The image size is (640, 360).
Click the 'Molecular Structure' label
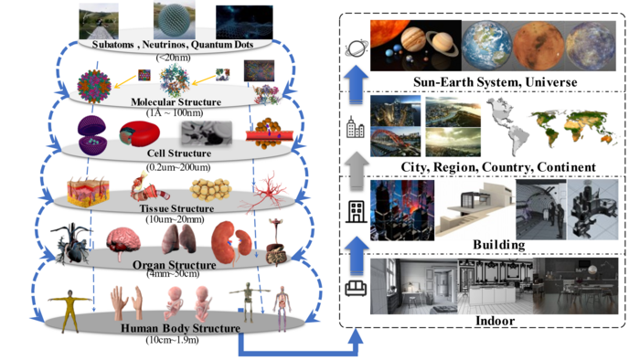(x=176, y=102)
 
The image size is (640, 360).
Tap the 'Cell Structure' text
(x=179, y=154)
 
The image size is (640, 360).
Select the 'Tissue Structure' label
(x=176, y=208)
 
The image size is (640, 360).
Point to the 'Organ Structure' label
(x=175, y=265)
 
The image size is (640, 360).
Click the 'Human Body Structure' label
(x=180, y=328)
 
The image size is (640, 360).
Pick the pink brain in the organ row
(x=123, y=243)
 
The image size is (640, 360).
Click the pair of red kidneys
(x=231, y=243)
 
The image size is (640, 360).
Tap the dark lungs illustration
(x=179, y=238)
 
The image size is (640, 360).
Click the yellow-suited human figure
(x=70, y=309)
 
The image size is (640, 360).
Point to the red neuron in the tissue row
(x=266, y=193)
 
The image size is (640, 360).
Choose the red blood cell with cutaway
(x=139, y=133)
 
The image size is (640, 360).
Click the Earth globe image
(x=487, y=46)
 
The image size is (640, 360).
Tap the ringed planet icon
(x=356, y=49)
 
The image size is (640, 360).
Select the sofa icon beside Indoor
(x=356, y=288)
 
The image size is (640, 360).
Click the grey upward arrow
(x=356, y=171)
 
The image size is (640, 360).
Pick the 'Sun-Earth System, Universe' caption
(x=496, y=82)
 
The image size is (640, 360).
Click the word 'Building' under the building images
(x=499, y=245)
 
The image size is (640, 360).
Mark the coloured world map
(x=574, y=125)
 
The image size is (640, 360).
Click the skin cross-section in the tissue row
(x=88, y=193)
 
